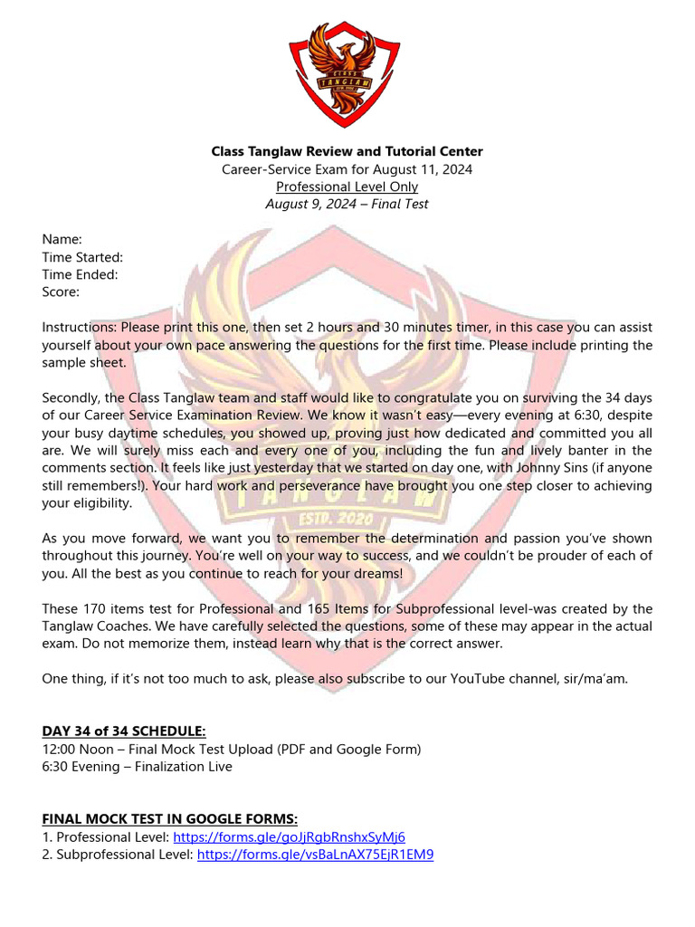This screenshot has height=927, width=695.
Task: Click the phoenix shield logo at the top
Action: click(x=347, y=73)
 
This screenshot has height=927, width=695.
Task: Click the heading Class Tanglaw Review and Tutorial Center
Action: click(x=347, y=151)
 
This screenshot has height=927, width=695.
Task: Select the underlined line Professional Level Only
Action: click(x=347, y=186)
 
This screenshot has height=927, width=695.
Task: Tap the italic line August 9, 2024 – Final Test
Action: click(x=347, y=204)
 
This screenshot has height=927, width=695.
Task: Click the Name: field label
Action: click(x=62, y=239)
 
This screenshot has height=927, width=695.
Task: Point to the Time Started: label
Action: click(x=82, y=257)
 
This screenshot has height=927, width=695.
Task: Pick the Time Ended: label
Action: click(x=81, y=274)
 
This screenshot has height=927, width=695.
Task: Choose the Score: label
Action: click(x=61, y=291)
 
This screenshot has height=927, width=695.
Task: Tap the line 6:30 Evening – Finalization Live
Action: click(x=137, y=767)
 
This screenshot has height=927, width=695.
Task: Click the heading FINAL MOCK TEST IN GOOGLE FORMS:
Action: click(x=170, y=819)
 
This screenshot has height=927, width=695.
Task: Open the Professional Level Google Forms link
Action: click(x=289, y=837)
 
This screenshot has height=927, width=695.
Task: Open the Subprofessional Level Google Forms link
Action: click(x=315, y=855)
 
